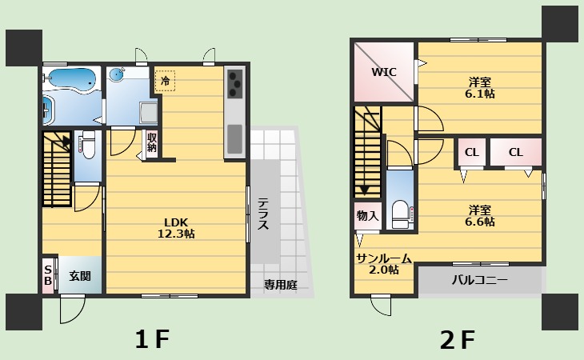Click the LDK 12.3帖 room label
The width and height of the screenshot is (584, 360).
coord(176,228)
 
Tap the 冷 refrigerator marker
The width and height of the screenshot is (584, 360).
coord(165,81)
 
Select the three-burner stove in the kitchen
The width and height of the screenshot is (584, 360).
coord(235,83)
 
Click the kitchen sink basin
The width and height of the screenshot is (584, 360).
coord(234,139)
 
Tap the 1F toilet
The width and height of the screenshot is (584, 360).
coord(88,145)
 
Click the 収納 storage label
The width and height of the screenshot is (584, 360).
coord(152,142)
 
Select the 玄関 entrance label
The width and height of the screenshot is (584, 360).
coord(80,276)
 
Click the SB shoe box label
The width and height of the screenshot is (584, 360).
coord(48,275)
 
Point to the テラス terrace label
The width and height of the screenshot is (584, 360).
coord(263,214)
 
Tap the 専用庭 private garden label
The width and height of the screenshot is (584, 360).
coord(281,285)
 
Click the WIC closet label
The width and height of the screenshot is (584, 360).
coord(384,72)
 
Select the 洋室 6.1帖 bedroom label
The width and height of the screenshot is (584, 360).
coord(480,88)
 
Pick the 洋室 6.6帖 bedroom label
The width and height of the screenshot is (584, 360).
coord(480,216)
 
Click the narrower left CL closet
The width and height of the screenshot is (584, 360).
coord(471,152)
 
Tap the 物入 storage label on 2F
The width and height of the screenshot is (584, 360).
coord(367,215)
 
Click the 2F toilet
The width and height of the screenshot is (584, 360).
coord(400,214)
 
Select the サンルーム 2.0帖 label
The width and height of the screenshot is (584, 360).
coord(384,264)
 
